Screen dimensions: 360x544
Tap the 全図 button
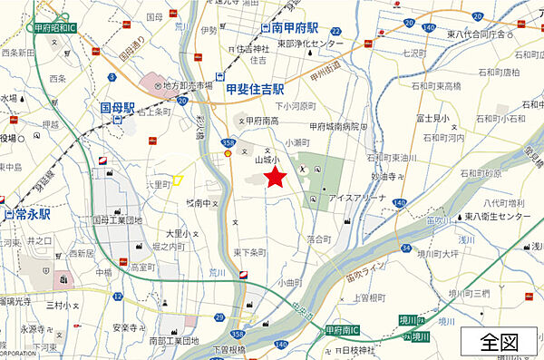click(499, 342)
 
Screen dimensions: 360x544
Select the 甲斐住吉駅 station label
click(255, 90)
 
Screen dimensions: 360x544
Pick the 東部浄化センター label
click(311, 44)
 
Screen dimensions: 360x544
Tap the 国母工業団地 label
click(118, 219)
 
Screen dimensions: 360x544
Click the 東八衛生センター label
click(503, 218)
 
